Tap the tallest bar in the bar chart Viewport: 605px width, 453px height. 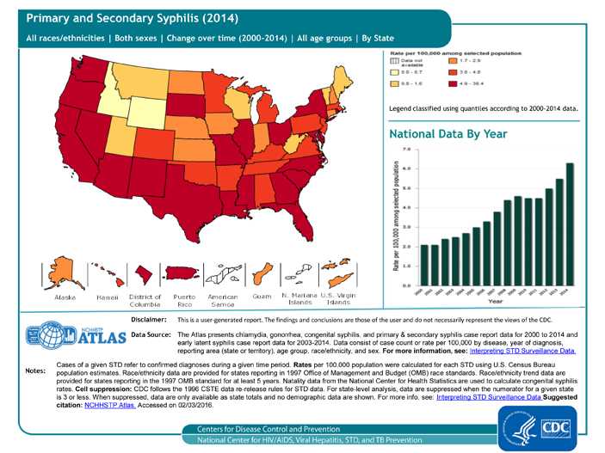pyautogui.click(x=569, y=223)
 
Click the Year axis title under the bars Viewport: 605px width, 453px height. pyautogui.click(x=496, y=302)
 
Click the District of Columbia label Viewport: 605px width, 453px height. pyautogui.click(x=145, y=300)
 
